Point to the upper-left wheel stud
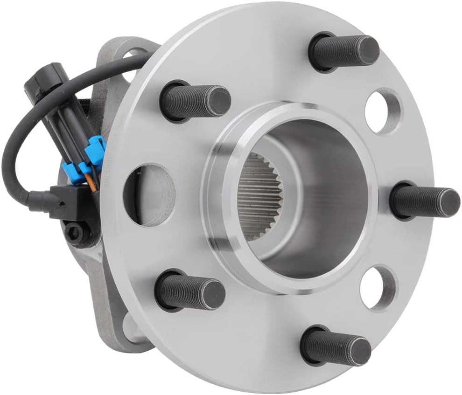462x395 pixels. [196, 102]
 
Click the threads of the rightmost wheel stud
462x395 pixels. [415, 201]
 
